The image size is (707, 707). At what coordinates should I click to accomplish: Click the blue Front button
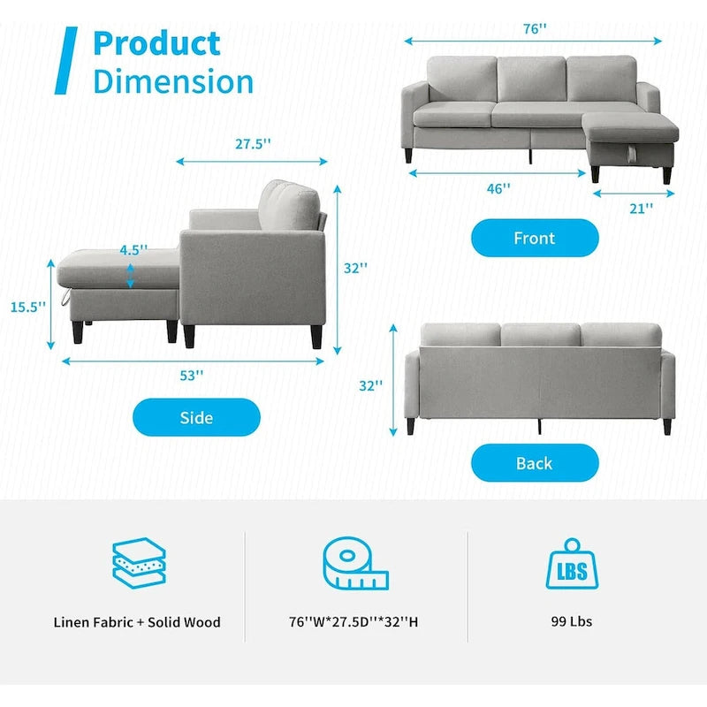pos(535,238)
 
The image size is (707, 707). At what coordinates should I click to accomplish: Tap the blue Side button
pos(196,417)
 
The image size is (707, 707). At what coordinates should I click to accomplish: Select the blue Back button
pos(535,463)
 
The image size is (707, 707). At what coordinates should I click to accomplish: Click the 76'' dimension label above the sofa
pos(534,28)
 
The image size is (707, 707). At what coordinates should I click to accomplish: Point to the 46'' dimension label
pos(498,188)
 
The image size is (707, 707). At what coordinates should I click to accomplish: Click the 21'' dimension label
pos(642,209)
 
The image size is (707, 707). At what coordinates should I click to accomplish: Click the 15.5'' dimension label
pos(27,307)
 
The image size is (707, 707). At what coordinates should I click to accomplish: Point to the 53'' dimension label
pos(191,375)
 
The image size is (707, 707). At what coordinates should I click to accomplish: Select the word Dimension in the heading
pos(173,81)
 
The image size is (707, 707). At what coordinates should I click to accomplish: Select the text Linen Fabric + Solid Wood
pos(137,622)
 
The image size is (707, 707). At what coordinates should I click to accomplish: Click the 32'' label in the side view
pos(355,269)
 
